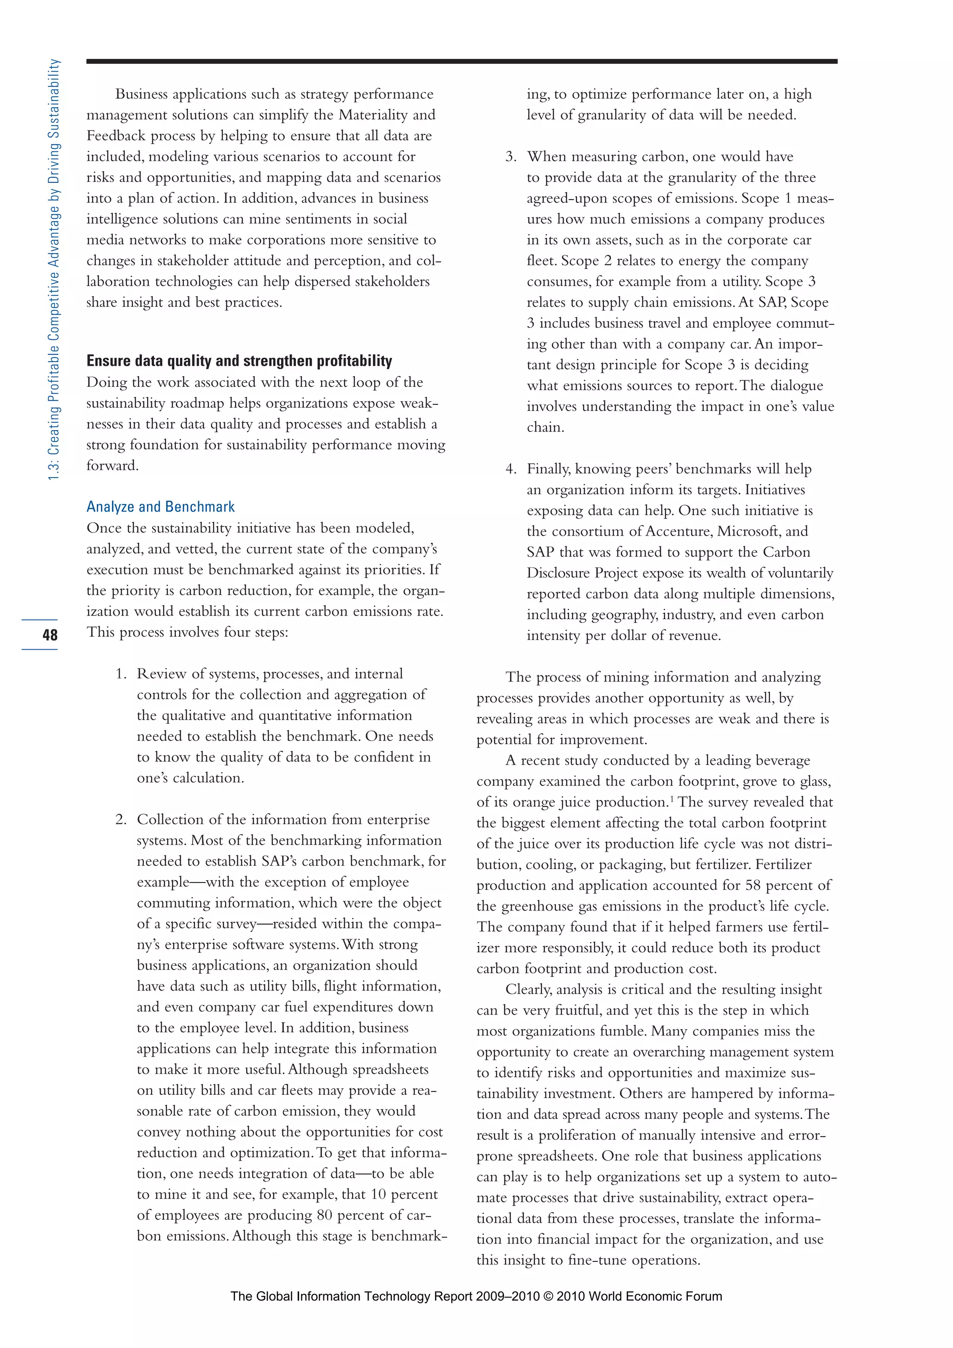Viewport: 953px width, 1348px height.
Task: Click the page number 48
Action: [x=50, y=634]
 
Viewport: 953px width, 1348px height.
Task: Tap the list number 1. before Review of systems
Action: [x=121, y=674]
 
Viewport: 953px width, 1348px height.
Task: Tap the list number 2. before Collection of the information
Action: [x=121, y=820]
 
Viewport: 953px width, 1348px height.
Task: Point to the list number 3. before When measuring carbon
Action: [x=511, y=157]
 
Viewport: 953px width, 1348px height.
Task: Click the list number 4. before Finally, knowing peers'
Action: [x=511, y=469]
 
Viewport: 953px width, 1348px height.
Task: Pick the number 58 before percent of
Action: [x=753, y=885]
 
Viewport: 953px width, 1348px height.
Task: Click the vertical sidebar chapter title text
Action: [x=54, y=270]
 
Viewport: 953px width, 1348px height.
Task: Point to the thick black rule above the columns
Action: [x=461, y=61]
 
